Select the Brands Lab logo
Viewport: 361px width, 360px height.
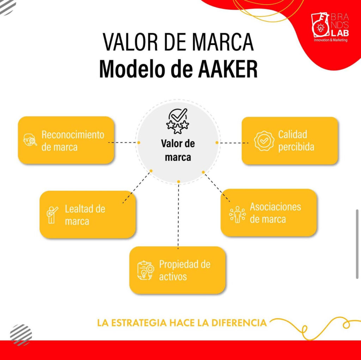pyautogui.click(x=330, y=27)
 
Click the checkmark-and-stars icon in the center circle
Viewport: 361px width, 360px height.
pyautogui.click(x=178, y=121)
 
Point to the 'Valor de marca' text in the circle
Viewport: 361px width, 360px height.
pyautogui.click(x=178, y=150)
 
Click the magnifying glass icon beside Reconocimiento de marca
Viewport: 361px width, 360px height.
pyautogui.click(x=30, y=139)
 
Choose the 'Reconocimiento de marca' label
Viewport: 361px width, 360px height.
pyautogui.click(x=73, y=141)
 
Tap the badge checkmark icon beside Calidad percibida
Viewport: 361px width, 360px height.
pyautogui.click(x=264, y=141)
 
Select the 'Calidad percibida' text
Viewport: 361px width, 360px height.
pyautogui.click(x=296, y=141)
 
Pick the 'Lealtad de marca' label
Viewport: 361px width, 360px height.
pyautogui.click(x=85, y=215)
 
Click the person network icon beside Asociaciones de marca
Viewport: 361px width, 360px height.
pyautogui.click(x=238, y=215)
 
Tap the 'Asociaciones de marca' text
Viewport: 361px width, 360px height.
pyautogui.click(x=275, y=213)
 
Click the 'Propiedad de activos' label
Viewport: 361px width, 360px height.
pyautogui.click(x=185, y=270)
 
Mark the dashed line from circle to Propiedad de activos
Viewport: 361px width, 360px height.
pyautogui.click(x=178, y=216)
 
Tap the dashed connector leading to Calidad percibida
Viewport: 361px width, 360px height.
pyautogui.click(x=233, y=143)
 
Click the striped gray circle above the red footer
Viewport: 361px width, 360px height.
pyautogui.click(x=21, y=335)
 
